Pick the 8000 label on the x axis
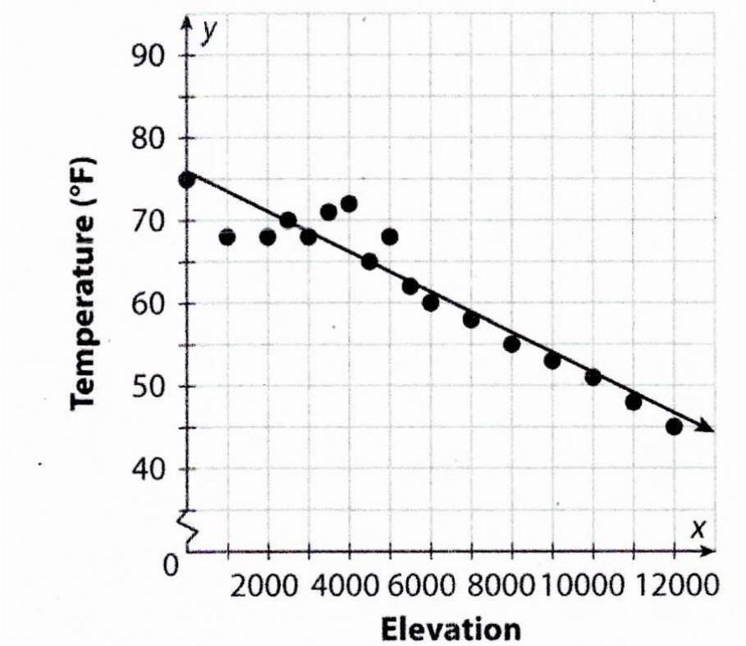(x=505, y=588)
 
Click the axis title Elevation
(x=450, y=628)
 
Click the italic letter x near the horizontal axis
(x=697, y=529)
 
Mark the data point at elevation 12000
(x=674, y=427)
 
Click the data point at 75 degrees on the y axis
(x=187, y=179)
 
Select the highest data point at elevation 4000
(x=349, y=204)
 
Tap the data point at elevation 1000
(x=227, y=237)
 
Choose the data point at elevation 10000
(x=593, y=378)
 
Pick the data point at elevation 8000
(x=511, y=344)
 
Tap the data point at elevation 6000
(x=430, y=303)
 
